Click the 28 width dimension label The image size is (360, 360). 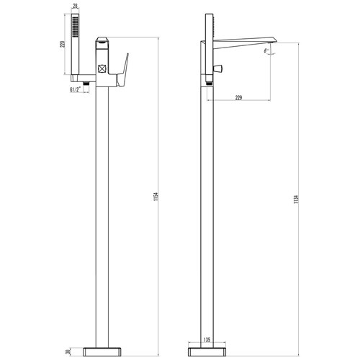[75, 6]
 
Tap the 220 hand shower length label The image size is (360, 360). [63, 44]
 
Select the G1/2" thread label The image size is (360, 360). [76, 90]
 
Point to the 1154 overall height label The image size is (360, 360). [156, 197]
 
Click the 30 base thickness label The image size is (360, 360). [68, 352]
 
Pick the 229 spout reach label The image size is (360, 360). [238, 98]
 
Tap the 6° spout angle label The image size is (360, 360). [266, 51]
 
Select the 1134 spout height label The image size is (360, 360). [296, 199]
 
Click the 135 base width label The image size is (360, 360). [207, 340]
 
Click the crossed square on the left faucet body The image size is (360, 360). [102, 69]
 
